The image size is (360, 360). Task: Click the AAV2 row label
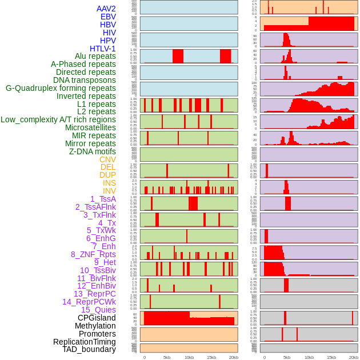106,9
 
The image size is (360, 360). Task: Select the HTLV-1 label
102,49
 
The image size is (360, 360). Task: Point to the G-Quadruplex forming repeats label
61,88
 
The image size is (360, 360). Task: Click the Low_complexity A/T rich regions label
58,119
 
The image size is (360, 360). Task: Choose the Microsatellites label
90,127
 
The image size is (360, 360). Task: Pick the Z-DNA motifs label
92,151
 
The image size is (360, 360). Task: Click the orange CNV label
107,159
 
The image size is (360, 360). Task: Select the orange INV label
109,191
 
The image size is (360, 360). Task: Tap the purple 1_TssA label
103,199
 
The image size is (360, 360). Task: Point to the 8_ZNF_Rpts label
93,254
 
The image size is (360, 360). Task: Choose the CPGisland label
97,318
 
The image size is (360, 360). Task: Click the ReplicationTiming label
84,342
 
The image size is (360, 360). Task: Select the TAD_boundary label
89,349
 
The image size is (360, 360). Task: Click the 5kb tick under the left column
167,357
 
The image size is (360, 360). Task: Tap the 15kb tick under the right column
331,357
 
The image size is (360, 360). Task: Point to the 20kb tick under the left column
234,357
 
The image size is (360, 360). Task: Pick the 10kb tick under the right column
309,357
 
